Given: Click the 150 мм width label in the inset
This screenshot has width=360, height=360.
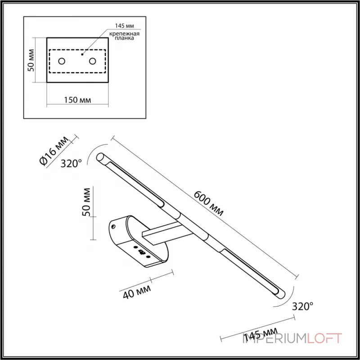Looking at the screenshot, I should (77, 100).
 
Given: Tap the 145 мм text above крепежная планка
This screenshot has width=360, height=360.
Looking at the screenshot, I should (124, 27).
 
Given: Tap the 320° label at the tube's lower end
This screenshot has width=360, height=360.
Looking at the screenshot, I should (302, 306).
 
